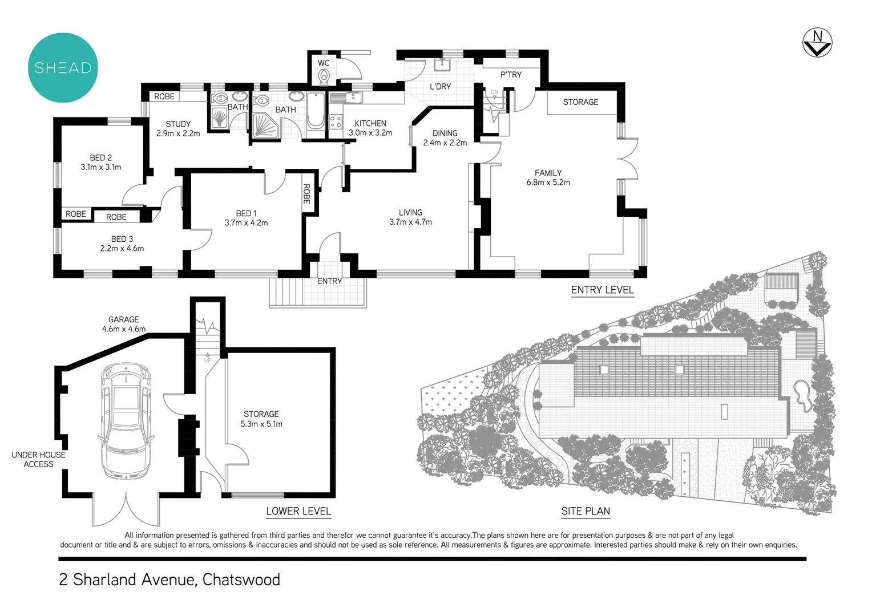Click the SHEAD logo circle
[63, 68]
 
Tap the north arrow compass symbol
[817, 43]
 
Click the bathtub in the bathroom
[316, 111]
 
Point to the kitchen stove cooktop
[336, 121]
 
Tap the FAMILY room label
[548, 173]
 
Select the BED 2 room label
[101, 157]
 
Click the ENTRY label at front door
[330, 281]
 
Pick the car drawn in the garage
[126, 421]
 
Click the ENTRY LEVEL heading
[602, 290]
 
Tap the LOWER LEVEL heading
[298, 511]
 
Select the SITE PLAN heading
[586, 511]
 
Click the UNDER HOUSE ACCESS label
[39, 459]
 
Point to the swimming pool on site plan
[802, 395]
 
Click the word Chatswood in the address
[241, 579]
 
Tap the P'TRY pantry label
[511, 75]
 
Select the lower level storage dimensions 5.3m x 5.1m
[261, 424]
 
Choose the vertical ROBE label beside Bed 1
[307, 194]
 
